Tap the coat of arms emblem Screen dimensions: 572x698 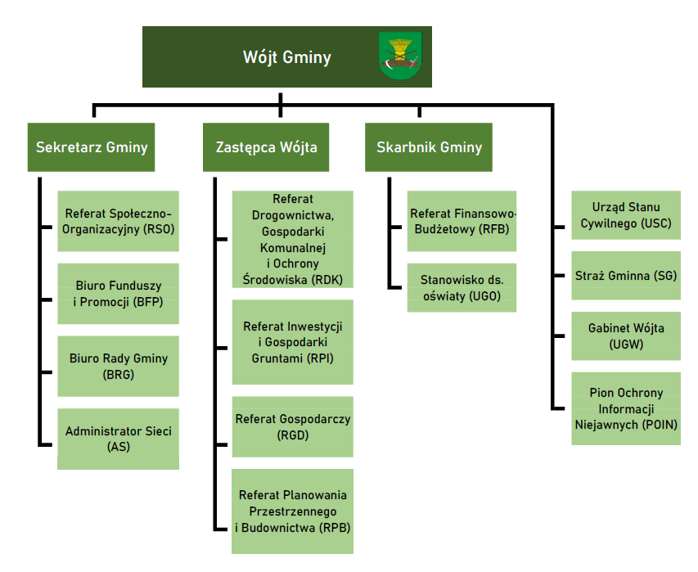coord(400,56)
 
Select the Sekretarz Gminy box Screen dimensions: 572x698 coord(92,147)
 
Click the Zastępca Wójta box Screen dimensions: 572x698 coord(266,147)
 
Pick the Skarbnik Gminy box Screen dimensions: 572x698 coord(429,147)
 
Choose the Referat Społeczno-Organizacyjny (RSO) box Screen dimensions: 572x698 coord(118,221)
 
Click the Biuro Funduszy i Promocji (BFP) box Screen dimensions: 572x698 coord(118,294)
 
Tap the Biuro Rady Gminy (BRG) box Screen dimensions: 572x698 coord(118,366)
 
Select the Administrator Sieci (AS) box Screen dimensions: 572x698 coord(118,439)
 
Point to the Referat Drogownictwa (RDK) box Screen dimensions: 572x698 coord(292,240)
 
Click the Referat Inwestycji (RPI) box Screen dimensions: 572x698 coord(292,342)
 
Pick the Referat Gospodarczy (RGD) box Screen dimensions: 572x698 coord(292,426)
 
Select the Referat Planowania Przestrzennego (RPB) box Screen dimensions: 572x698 coord(292,511)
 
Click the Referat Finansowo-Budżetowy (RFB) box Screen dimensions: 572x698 coord(462,222)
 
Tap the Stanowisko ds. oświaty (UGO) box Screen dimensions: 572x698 coord(462,287)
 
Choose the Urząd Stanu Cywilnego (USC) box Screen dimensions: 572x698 coord(626,215)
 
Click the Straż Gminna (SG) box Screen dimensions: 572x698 coord(626,276)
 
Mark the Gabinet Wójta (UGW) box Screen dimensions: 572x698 coord(626,336)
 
